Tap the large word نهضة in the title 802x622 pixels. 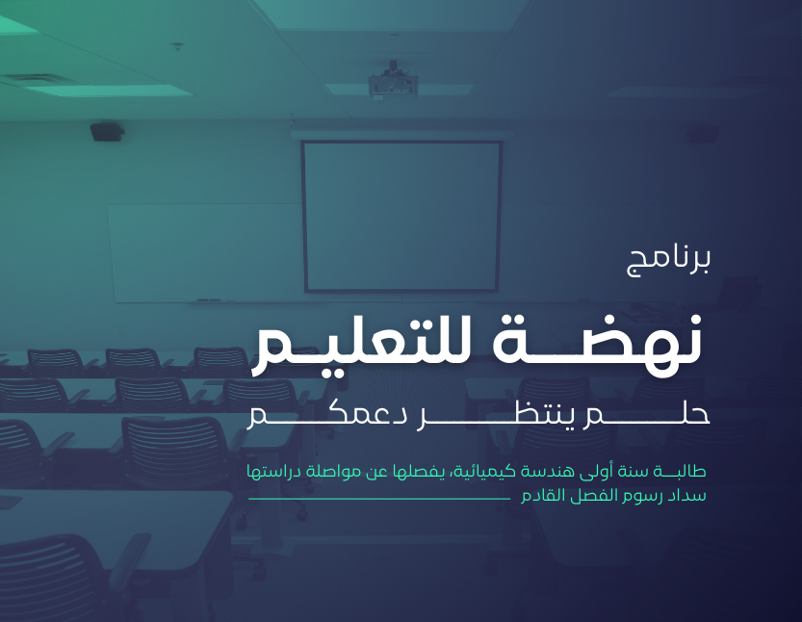pyautogui.click(x=597, y=340)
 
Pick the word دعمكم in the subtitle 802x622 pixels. pyautogui.click(x=326, y=415)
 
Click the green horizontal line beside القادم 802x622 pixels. pyautogui.click(x=379, y=498)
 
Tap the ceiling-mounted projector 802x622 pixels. pyautogui.click(x=393, y=82)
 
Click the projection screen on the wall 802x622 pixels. pyautogui.click(x=401, y=216)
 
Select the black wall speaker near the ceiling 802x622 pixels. pyautogui.click(x=107, y=132)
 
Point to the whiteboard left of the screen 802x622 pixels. pyautogui.click(x=204, y=252)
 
